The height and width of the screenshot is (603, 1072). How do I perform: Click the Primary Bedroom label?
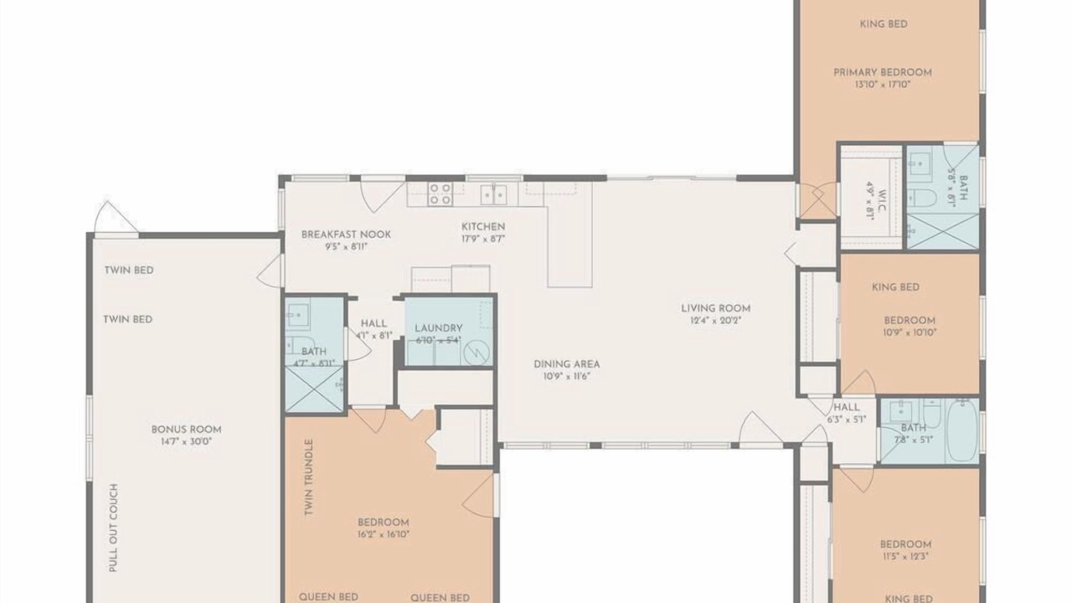tap(883, 72)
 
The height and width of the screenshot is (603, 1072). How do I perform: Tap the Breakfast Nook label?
tap(346, 234)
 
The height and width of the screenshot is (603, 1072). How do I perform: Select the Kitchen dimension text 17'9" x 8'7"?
tap(483, 239)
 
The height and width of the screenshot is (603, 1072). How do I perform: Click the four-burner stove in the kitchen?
tap(440, 193)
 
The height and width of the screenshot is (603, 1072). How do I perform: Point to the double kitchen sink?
tap(494, 195)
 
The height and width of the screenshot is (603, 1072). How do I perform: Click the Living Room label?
tap(716, 308)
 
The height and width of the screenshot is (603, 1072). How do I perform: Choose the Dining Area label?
tap(567, 364)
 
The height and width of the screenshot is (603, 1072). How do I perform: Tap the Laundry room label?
tap(438, 328)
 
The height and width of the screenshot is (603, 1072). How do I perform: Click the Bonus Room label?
tap(186, 430)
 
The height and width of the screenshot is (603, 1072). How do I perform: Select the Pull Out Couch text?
tap(113, 528)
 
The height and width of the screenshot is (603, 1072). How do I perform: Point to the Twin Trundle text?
tap(309, 477)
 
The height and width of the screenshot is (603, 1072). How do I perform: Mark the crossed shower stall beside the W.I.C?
tap(943, 232)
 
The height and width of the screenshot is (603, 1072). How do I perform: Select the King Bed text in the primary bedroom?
tap(884, 24)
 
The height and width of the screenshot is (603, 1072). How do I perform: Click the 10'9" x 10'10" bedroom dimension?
tap(910, 332)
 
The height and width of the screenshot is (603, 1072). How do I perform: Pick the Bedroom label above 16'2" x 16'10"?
tap(384, 522)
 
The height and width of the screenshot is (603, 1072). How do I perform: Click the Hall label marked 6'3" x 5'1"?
tap(847, 407)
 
